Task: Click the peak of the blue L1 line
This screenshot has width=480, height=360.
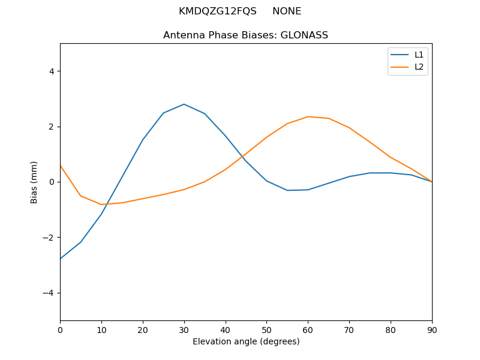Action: [184, 104]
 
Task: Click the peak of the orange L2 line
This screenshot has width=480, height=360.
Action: [308, 116]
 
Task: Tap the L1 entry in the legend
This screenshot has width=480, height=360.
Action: [419, 55]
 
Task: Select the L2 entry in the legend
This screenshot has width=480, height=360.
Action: [419, 67]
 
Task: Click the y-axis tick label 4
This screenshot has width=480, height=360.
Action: [51, 71]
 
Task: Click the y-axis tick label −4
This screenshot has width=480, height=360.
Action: [49, 293]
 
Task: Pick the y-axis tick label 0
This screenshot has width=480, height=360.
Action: [51, 182]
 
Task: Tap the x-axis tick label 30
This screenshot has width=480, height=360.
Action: [184, 330]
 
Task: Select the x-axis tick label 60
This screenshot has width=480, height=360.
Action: [308, 330]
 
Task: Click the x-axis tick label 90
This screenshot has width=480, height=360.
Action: [431, 330]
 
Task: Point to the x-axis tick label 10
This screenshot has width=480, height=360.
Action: [101, 330]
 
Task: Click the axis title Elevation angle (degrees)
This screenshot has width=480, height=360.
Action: [246, 342]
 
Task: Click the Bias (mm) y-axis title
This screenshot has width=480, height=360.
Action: [34, 182]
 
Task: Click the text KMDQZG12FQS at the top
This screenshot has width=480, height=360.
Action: [217, 11]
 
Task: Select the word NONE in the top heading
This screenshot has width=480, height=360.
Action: [287, 11]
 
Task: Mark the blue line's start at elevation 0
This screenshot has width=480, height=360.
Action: [61, 259]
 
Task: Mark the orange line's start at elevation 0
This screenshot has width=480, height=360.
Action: [61, 166]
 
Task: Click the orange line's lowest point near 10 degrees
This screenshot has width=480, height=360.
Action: [102, 205]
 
